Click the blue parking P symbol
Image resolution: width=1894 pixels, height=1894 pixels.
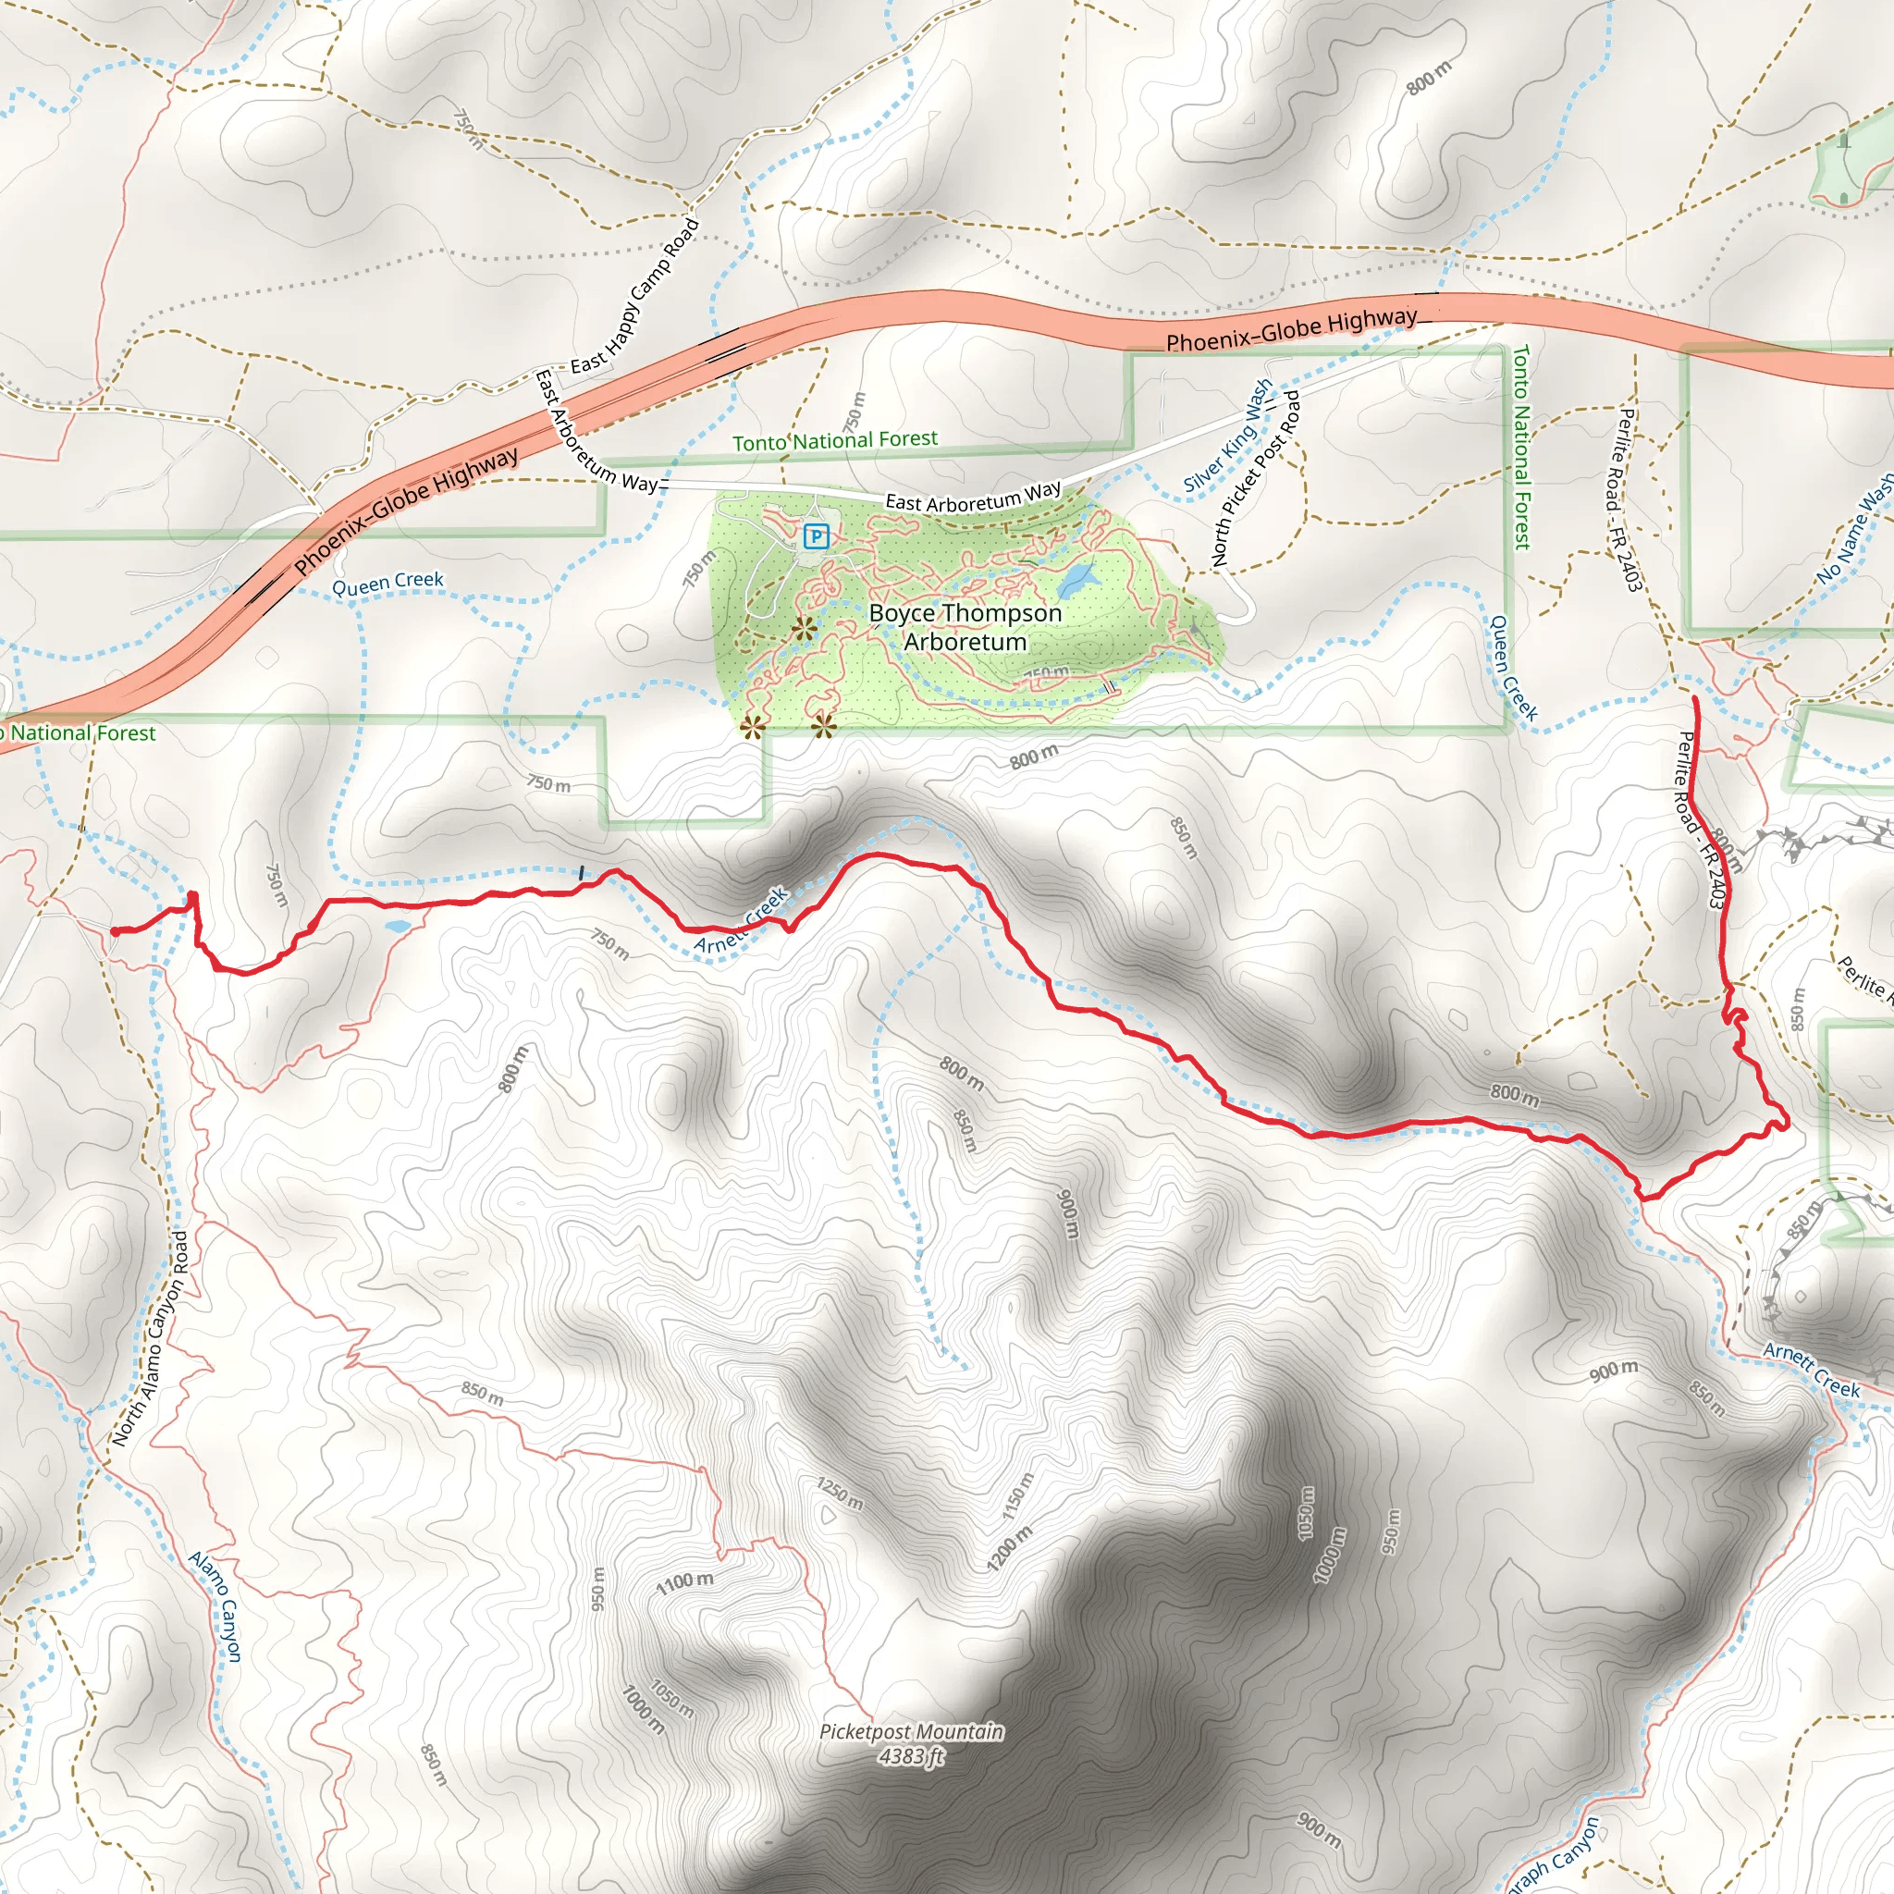point(816,536)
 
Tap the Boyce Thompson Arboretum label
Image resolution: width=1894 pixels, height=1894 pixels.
point(965,627)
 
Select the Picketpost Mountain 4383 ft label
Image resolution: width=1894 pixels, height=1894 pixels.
point(911,1744)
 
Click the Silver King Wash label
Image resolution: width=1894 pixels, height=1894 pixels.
point(1227,436)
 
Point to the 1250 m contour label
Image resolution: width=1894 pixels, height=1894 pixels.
point(840,1493)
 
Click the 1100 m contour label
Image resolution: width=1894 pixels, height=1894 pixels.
point(685,1581)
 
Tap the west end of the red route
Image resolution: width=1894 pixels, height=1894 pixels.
point(114,932)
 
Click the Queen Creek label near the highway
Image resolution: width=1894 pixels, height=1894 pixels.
point(387,584)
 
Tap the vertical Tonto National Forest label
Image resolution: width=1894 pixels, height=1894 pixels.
point(1520,446)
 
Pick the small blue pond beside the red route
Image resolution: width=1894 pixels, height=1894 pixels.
point(398,926)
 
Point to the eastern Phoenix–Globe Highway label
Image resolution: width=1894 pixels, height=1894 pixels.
point(1291,329)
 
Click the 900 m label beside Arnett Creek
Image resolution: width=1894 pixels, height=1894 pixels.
point(1614,1371)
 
